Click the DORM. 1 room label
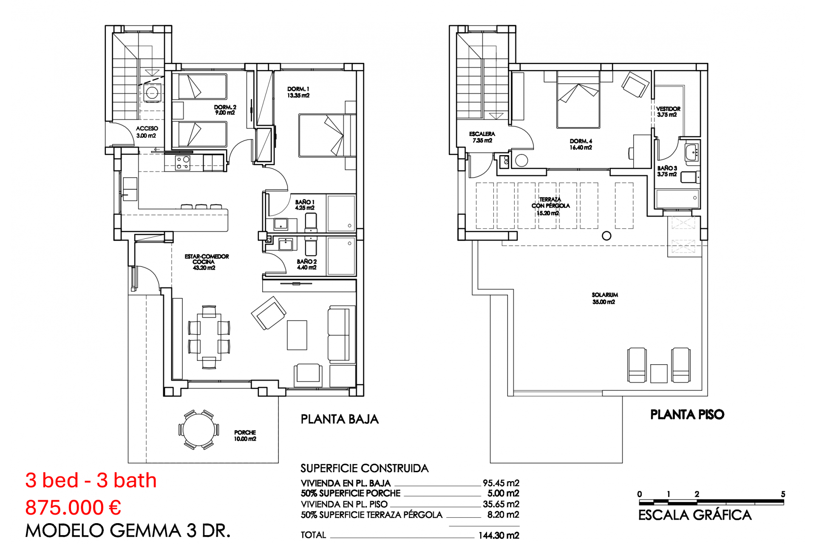(x=298, y=92)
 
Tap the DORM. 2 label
(x=225, y=110)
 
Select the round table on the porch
(x=198, y=430)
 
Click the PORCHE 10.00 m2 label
(x=245, y=436)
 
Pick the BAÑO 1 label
(x=305, y=205)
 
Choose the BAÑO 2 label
(x=306, y=264)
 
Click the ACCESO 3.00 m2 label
(x=147, y=132)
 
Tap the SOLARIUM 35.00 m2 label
(x=604, y=298)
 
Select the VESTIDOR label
(x=668, y=112)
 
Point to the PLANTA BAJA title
(x=340, y=419)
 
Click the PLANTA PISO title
(x=687, y=415)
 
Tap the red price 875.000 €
(x=73, y=507)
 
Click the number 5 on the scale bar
(x=783, y=494)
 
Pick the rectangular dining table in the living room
(x=209, y=337)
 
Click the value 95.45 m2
(x=501, y=483)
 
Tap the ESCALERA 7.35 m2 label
(x=482, y=137)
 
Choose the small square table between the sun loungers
(x=659, y=374)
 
